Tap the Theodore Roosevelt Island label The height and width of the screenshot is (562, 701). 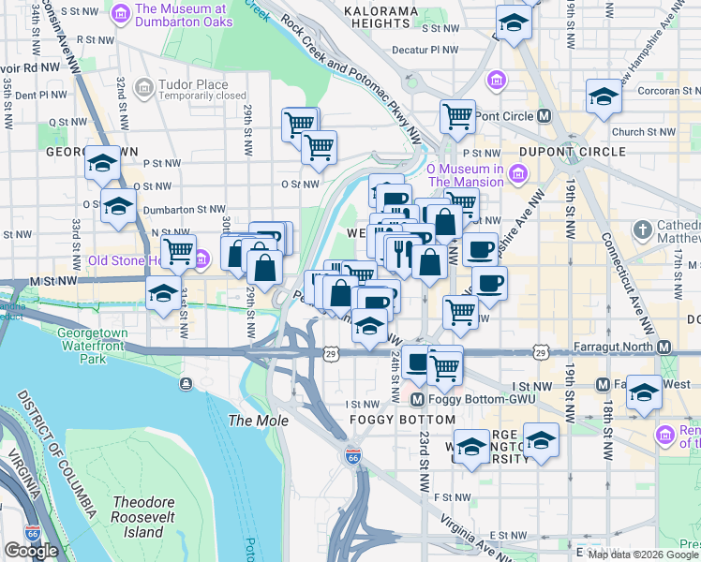(x=139, y=517)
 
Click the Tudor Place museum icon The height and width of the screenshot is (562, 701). (x=144, y=88)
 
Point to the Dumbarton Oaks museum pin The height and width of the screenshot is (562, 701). (x=120, y=15)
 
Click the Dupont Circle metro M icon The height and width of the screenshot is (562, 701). (x=544, y=116)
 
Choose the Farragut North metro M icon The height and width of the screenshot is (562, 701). (x=664, y=348)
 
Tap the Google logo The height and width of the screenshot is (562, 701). (x=31, y=551)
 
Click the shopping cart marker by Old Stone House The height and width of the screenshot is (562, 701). (x=178, y=251)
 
